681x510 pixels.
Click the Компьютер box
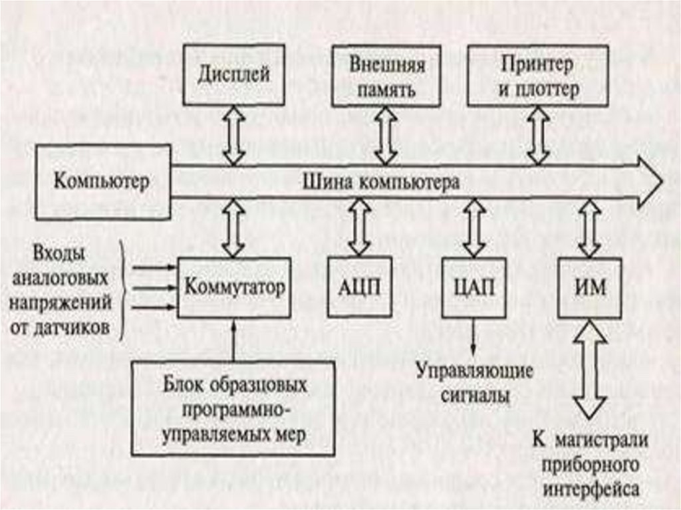coord(102,181)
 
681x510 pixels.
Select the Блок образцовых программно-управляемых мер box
coord(233,409)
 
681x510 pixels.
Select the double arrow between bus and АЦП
coord(359,228)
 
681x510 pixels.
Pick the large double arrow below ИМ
coord(589,368)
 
